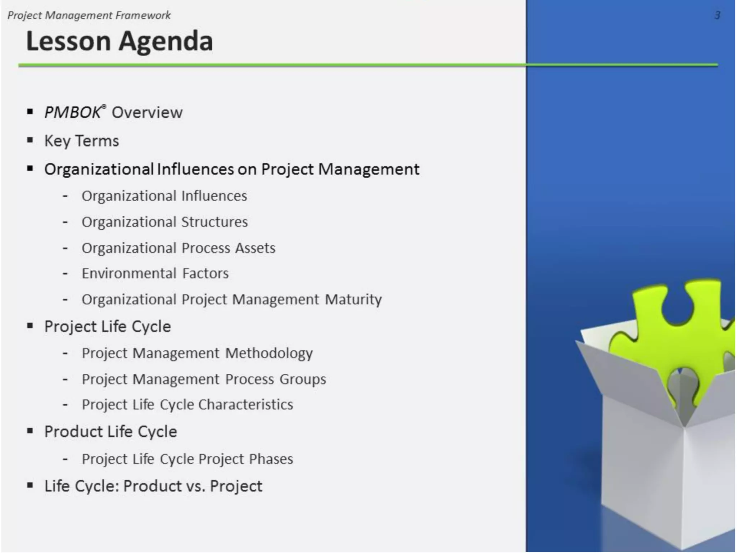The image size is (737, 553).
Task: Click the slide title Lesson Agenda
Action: pos(119,41)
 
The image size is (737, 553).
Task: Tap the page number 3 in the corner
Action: pos(717,15)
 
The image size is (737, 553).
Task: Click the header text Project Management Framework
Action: pos(89,15)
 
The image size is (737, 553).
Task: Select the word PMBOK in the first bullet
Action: pos(72,113)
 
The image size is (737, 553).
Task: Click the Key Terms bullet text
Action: pos(81,141)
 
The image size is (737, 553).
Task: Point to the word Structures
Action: pos(214,222)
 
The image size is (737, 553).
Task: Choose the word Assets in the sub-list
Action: pos(255,248)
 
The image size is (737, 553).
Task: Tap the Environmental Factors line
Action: pos(155,274)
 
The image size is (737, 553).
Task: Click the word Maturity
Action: pos(353,300)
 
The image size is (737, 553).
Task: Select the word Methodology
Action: pos(269,353)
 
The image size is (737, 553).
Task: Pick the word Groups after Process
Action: pos(303,379)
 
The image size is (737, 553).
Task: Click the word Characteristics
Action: pos(246,405)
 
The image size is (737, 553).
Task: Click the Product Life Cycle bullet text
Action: pos(110,432)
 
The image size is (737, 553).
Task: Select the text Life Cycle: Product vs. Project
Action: pos(153,486)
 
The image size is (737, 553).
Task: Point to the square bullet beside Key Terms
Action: pos(30,140)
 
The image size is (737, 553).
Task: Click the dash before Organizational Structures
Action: pos(65,222)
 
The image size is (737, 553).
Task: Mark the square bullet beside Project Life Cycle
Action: pos(30,326)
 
